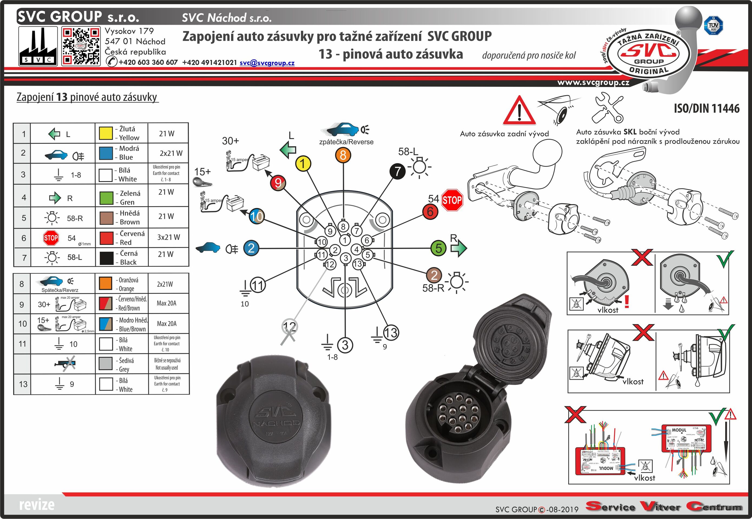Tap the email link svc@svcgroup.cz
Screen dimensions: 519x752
[x=267, y=63]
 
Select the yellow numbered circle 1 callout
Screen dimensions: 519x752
[x=303, y=164]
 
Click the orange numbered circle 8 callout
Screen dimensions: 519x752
[x=343, y=155]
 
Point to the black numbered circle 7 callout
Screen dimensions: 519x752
[x=398, y=171]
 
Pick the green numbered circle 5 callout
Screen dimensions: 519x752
[x=438, y=248]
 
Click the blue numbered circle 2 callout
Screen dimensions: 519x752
[x=251, y=248]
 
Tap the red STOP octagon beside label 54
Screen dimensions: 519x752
[x=452, y=200]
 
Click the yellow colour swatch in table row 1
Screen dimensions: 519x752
[x=106, y=133]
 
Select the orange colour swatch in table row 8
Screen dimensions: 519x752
[x=106, y=283]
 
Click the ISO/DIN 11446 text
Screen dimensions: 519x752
[x=707, y=108]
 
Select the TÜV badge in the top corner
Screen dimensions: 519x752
[x=713, y=25]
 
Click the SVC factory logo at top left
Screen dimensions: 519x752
[x=38, y=46]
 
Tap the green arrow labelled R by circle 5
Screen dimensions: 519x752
[x=458, y=248]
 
